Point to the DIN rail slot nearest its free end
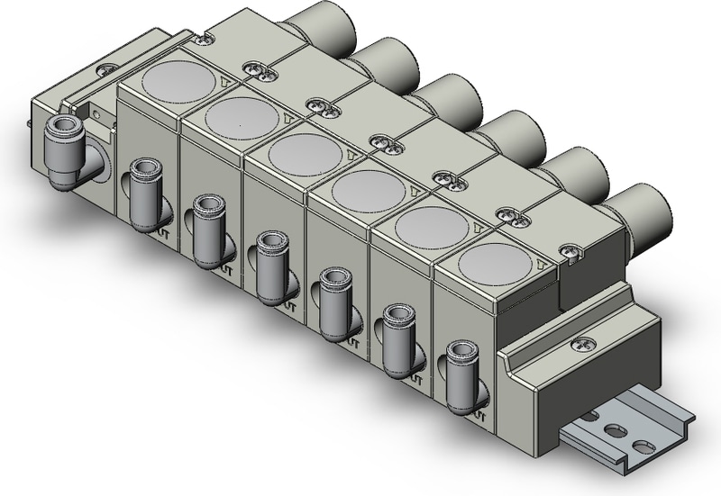(x=641, y=445)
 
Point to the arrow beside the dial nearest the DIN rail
(x=537, y=264)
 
